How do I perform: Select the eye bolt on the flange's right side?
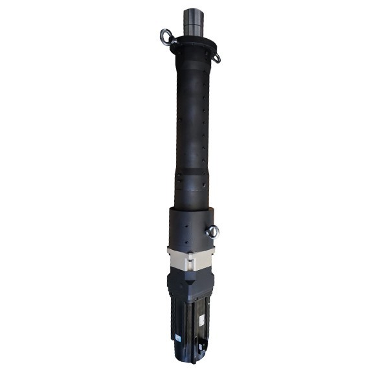coord(216,57)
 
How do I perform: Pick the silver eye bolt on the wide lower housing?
coord(212,232)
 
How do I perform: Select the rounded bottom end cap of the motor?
coord(188,357)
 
